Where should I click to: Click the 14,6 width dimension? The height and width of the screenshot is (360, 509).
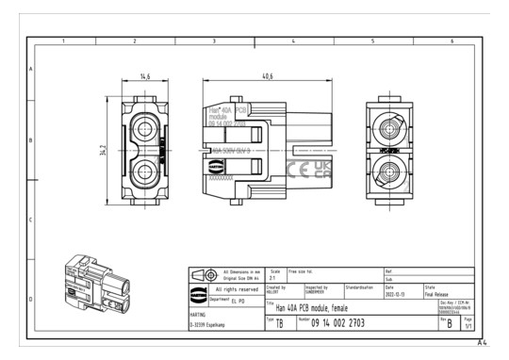point(145,77)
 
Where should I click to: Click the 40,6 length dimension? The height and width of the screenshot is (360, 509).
point(269,77)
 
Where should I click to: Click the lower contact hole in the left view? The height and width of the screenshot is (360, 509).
point(146,173)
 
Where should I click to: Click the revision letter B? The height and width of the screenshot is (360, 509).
point(450,324)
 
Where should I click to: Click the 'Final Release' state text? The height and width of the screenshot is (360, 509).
point(438,293)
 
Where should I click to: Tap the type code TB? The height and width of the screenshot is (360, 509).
point(279,324)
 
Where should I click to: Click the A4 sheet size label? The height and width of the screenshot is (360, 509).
point(482,344)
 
